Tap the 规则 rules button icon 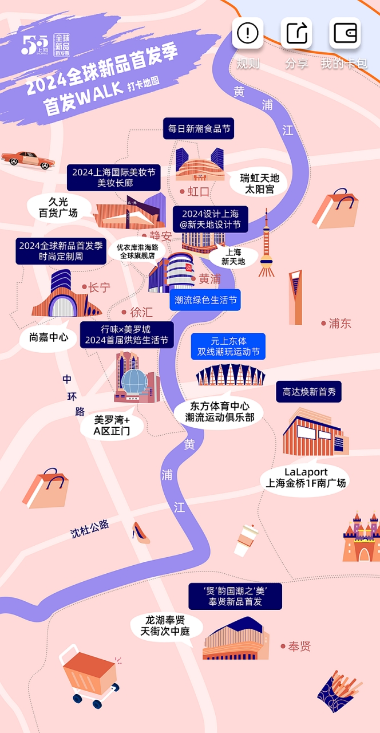tap(248, 33)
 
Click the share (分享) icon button tap(296, 33)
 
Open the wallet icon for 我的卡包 tap(345, 33)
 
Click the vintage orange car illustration tap(28, 160)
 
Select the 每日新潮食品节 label tap(199, 129)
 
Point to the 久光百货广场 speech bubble tap(59, 207)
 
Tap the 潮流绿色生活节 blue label tap(205, 299)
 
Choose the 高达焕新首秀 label tap(308, 392)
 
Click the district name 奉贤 tap(296, 647)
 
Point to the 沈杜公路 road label tap(90, 529)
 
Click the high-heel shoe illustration tap(141, 533)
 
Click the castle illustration tap(361, 537)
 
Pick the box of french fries tap(339, 691)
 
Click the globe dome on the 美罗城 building tap(134, 381)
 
